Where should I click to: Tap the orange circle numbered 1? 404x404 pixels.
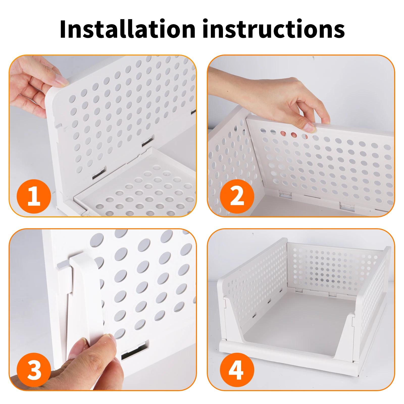coord(34,196)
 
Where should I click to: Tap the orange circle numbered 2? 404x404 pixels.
coord(237,196)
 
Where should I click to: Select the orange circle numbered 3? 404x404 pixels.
coord(34,370)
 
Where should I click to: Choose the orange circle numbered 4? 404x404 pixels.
coord(237,370)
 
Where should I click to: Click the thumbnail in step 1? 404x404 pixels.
coord(61,81)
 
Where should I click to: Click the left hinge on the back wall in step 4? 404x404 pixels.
coord(299,290)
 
